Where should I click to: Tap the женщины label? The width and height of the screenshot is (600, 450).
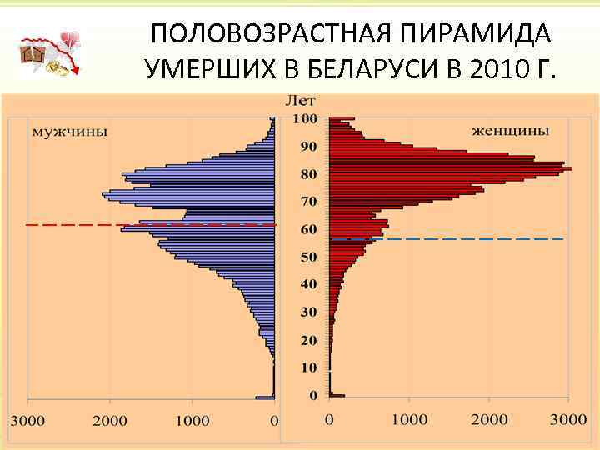(510, 131)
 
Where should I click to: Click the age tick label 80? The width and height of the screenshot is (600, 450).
(308, 174)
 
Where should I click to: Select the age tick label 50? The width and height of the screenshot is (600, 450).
(308, 257)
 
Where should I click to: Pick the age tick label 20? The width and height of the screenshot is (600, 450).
(308, 340)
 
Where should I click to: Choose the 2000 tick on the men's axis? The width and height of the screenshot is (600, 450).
(110, 421)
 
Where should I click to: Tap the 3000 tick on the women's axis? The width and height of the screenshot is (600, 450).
(570, 421)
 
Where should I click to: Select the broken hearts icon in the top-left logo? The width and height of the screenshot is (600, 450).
(70, 40)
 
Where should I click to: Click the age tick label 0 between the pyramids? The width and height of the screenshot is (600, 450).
(312, 395)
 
